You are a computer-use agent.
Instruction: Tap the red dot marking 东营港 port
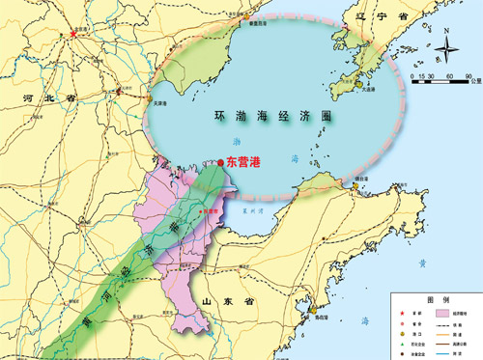click(x=221, y=162)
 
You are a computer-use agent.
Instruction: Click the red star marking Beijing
click(x=74, y=36)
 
